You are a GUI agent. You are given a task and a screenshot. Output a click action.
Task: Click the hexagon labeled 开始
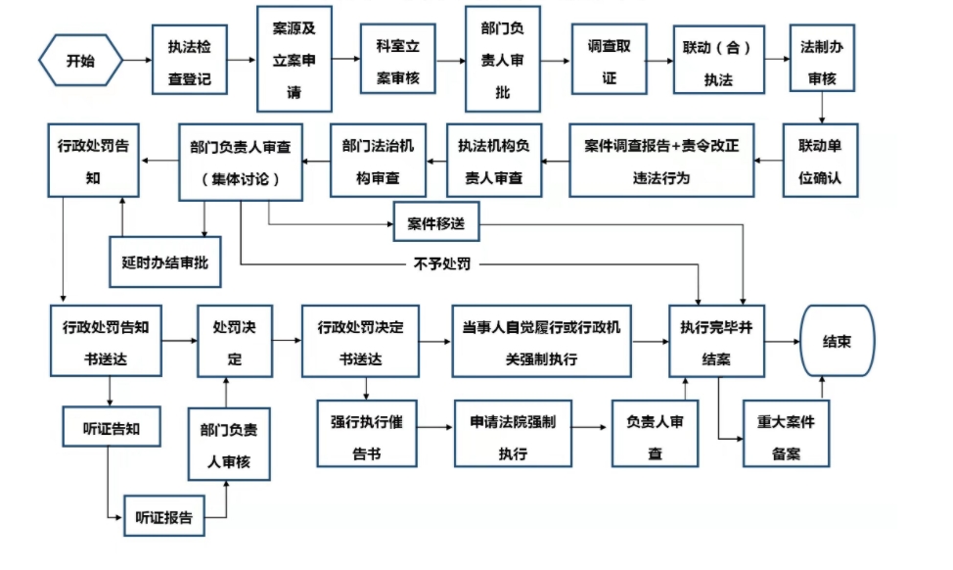click(81, 60)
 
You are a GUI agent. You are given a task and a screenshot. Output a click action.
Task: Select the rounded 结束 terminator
click(837, 341)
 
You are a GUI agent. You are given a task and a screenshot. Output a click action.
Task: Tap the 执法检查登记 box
click(190, 60)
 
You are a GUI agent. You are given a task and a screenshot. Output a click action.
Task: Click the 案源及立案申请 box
click(295, 59)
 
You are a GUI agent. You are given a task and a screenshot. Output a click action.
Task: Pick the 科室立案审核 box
click(398, 59)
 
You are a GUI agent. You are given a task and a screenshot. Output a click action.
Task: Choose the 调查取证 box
click(609, 59)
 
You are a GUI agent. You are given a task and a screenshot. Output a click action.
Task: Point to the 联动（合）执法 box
click(718, 60)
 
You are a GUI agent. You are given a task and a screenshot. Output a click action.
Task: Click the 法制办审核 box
click(822, 59)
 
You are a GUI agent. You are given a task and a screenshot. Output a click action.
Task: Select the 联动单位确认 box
click(820, 161)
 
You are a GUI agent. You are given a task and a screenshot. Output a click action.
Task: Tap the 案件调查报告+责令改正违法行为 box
click(661, 161)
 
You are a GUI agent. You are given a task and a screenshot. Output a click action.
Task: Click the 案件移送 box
click(435, 222)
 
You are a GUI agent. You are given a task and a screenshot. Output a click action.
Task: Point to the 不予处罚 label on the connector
click(442, 264)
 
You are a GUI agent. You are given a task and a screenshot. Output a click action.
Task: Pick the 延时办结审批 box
click(164, 262)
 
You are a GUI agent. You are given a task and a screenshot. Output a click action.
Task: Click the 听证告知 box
click(112, 427)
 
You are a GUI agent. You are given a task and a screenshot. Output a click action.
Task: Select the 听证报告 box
click(164, 516)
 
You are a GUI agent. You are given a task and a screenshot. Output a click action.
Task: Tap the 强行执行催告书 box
click(367, 434)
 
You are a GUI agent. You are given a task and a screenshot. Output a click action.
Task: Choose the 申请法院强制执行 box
click(513, 434)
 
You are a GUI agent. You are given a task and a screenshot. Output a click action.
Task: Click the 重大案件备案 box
click(786, 434)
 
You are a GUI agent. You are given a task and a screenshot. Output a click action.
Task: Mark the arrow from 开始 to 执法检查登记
click(137, 60)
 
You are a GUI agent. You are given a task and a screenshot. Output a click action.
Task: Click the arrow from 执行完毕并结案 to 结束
click(782, 341)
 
